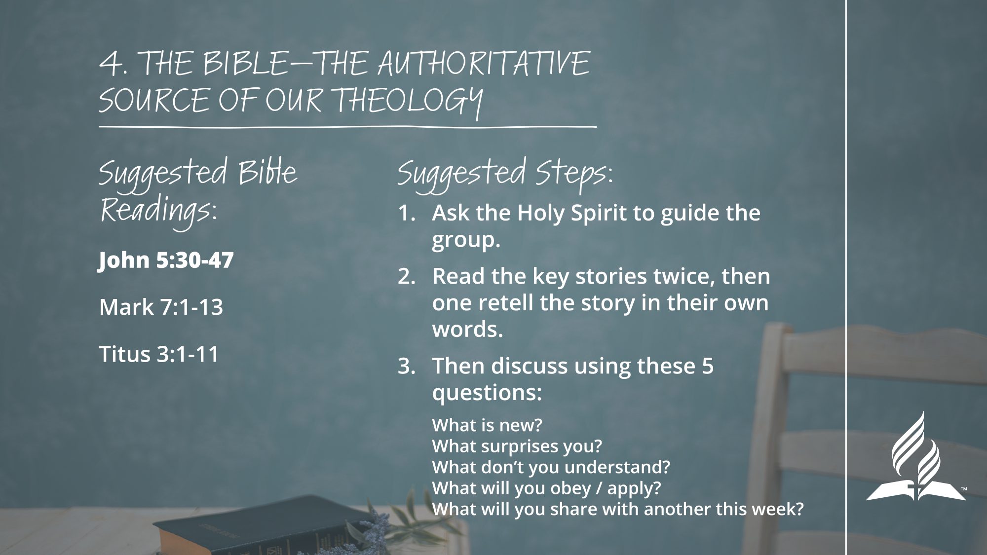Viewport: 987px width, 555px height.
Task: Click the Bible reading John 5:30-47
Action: click(x=166, y=260)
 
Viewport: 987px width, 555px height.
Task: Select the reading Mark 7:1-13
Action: click(x=161, y=307)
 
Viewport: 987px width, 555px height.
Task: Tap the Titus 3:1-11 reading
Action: click(x=159, y=354)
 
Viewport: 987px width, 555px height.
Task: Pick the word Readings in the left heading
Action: click(x=158, y=212)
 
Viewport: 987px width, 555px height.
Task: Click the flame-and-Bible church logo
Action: click(x=915, y=456)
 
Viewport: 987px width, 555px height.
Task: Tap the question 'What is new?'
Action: click(x=487, y=425)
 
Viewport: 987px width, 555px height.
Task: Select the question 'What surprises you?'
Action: click(x=517, y=446)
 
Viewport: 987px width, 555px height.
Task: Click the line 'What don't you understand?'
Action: click(x=551, y=467)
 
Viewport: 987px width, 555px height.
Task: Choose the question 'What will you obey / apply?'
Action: click(x=546, y=488)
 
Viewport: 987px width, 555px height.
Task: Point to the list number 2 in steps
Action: click(x=407, y=277)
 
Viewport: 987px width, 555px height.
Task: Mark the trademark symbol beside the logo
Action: click(x=963, y=489)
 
